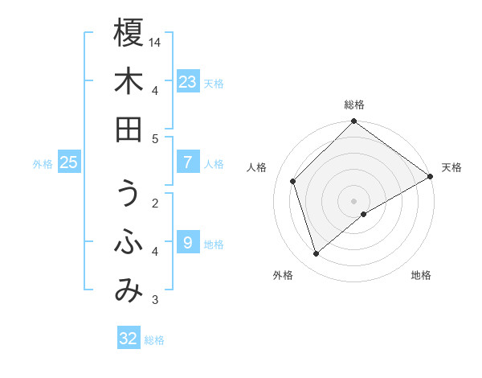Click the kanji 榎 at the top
point(129,33)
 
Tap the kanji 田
point(129,129)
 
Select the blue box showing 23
point(188,82)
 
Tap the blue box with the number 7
point(188,162)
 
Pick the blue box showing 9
point(188,242)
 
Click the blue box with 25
point(69,162)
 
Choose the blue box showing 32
point(129,339)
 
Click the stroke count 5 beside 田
point(155,138)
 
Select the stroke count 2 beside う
point(155,203)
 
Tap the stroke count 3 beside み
point(155,301)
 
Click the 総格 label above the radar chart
point(354,105)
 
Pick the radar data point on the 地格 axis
point(364,214)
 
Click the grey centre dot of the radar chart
point(354,200)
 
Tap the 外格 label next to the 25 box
point(43,164)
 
